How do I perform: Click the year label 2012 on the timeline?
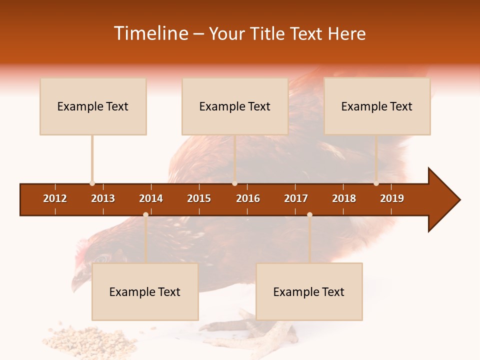pyautogui.click(x=55, y=198)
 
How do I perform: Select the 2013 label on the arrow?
pyautogui.click(x=103, y=198)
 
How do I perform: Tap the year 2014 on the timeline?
pyautogui.click(x=151, y=198)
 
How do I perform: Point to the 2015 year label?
pyautogui.click(x=199, y=198)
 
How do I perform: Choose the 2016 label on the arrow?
pyautogui.click(x=248, y=198)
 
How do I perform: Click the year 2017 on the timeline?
pyautogui.click(x=296, y=198)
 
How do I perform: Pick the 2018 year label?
pyautogui.click(x=344, y=198)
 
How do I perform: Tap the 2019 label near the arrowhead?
pyautogui.click(x=392, y=198)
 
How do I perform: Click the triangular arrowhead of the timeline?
pyautogui.click(x=443, y=200)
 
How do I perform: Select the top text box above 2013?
pyautogui.click(x=93, y=106)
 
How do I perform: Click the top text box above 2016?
pyautogui.click(x=235, y=106)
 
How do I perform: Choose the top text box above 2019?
pyautogui.click(x=377, y=106)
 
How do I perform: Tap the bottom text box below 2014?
pyautogui.click(x=145, y=292)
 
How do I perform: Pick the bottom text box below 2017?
pyautogui.click(x=309, y=292)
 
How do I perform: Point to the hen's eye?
pyautogui.click(x=102, y=258)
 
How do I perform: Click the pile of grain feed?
pyautogui.click(x=92, y=340)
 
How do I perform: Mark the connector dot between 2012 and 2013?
pyautogui.click(x=92, y=183)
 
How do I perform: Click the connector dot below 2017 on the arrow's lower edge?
pyautogui.click(x=309, y=214)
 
